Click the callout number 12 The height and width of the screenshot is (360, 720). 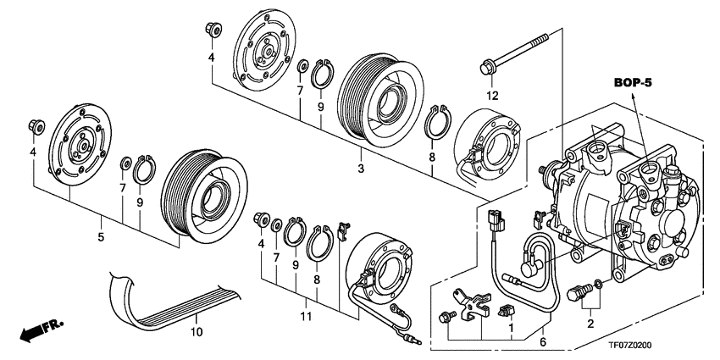492,94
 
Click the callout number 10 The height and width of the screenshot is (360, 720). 197,332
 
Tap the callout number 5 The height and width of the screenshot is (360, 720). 100,239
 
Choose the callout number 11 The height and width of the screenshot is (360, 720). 306,316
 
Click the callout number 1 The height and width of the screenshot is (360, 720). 511,326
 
